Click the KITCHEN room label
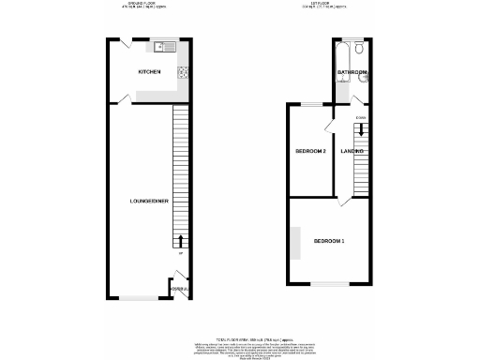[x=149, y=72]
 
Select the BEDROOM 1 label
[x=329, y=243]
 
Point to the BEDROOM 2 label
[x=310, y=151]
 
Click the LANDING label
[x=352, y=151]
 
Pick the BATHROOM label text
[x=352, y=73]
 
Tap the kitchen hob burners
[x=183, y=73]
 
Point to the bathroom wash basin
[x=366, y=74]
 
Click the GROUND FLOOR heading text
[x=145, y=5]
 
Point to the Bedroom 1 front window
[x=329, y=283]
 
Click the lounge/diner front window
[x=138, y=299]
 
